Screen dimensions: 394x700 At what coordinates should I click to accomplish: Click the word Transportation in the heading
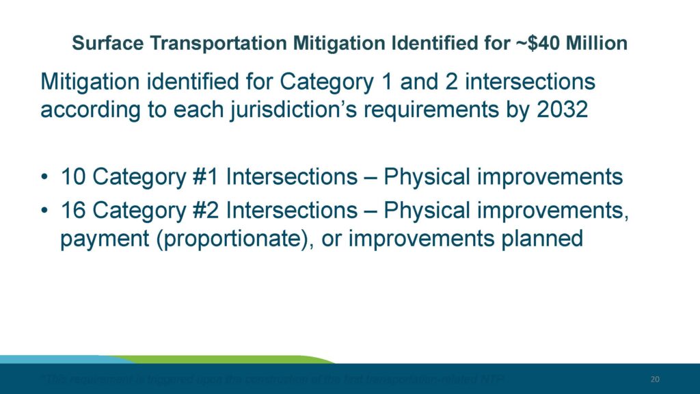coord(213,44)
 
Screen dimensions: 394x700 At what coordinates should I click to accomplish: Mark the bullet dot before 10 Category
coord(44,178)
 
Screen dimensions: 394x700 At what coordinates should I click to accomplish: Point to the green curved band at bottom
coord(226,358)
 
